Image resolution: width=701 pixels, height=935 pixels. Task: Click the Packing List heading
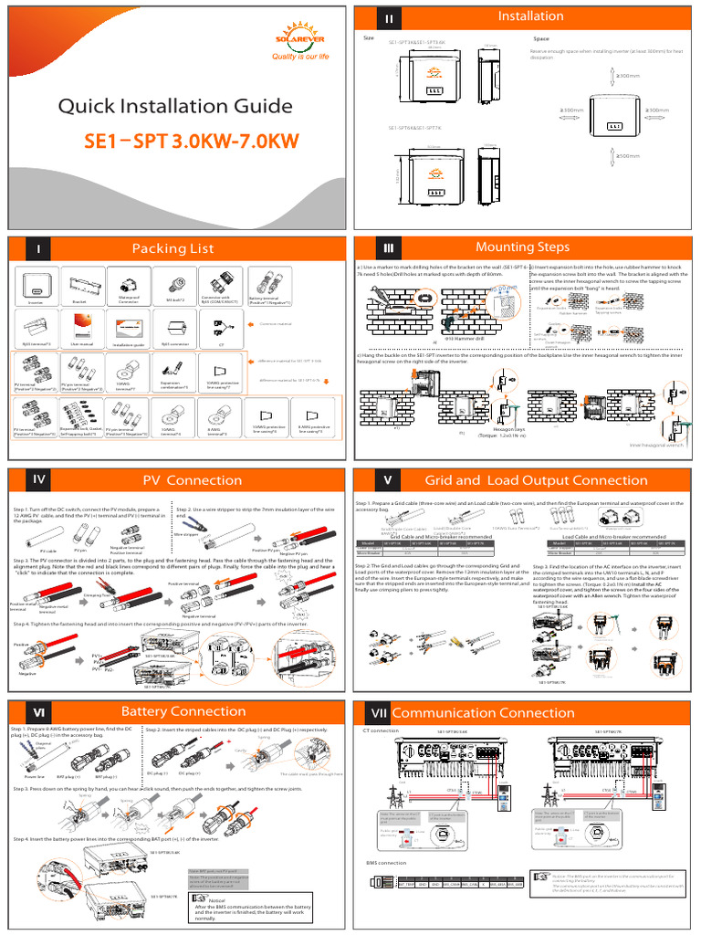point(173,248)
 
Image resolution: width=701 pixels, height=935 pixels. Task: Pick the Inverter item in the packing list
point(36,288)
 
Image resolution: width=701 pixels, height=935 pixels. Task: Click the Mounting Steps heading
point(522,247)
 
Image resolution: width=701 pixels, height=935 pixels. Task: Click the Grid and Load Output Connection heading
point(536,480)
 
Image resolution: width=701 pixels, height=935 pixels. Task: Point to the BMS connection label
point(385,862)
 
